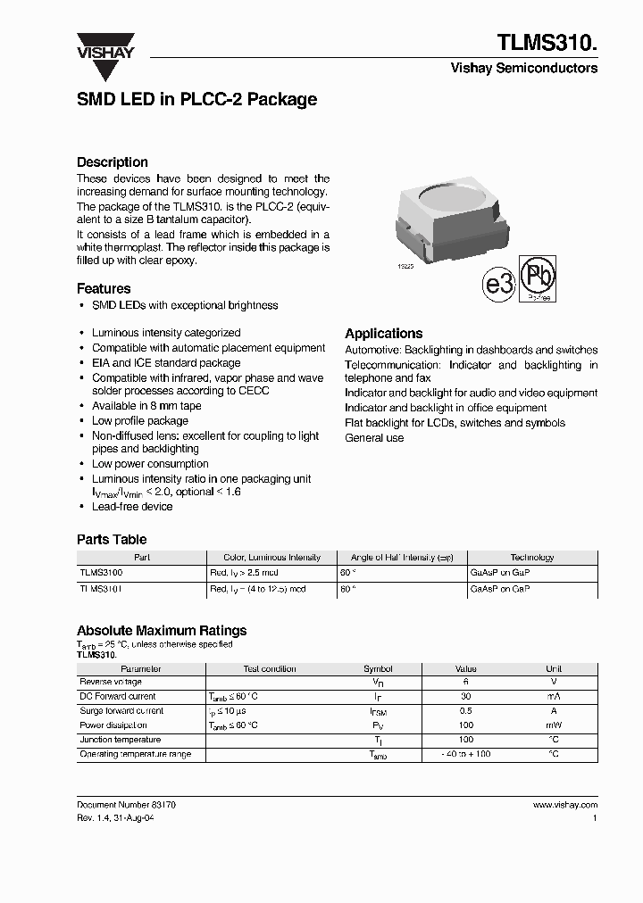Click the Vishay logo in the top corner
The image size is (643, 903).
point(104,45)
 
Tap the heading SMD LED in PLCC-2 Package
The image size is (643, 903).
point(197,100)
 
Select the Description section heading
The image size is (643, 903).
point(113,162)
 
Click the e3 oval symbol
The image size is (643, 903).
point(500,285)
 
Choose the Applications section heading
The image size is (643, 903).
point(383,333)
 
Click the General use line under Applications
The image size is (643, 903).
point(374,438)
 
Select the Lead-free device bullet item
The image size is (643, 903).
point(132,507)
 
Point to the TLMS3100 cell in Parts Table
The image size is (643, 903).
point(102,572)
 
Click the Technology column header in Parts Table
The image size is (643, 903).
point(532,557)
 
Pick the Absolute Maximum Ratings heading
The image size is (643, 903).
point(162,631)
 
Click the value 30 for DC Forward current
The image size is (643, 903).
point(465,696)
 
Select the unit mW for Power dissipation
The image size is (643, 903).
point(553,725)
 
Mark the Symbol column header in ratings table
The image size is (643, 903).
point(378,668)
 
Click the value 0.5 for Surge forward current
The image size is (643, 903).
point(465,711)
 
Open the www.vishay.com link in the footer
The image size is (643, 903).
point(565,805)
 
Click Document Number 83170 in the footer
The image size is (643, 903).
point(126,805)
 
